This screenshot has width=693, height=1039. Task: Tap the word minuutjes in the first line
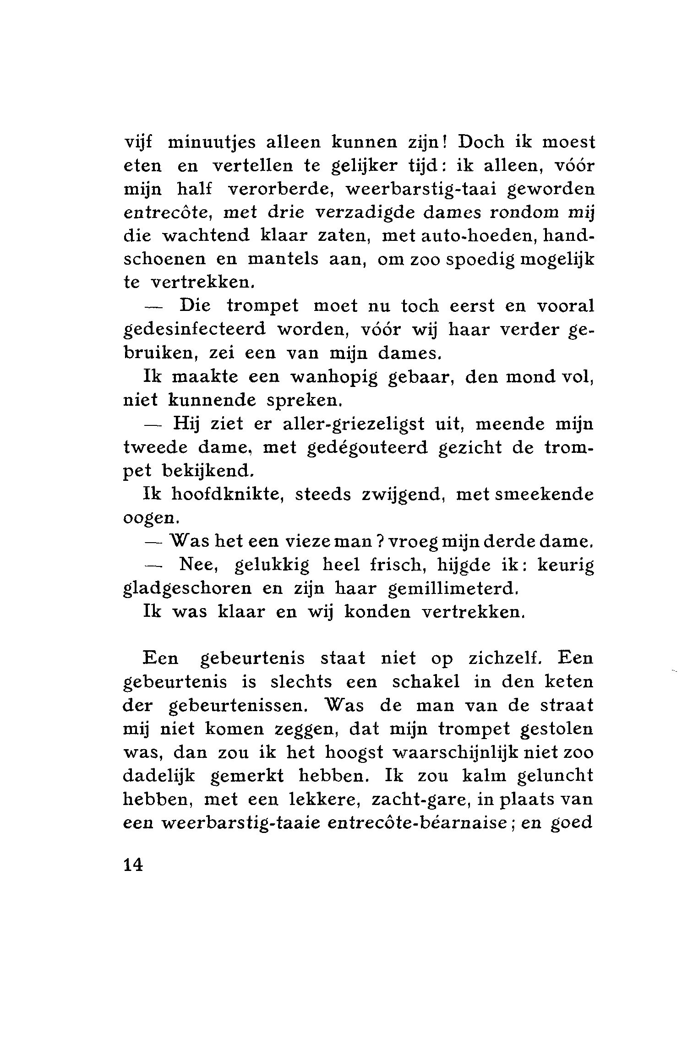(x=210, y=142)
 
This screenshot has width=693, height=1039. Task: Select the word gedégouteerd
(x=366, y=448)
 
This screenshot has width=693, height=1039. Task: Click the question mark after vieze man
(x=380, y=542)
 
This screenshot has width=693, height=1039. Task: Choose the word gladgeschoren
(x=187, y=589)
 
